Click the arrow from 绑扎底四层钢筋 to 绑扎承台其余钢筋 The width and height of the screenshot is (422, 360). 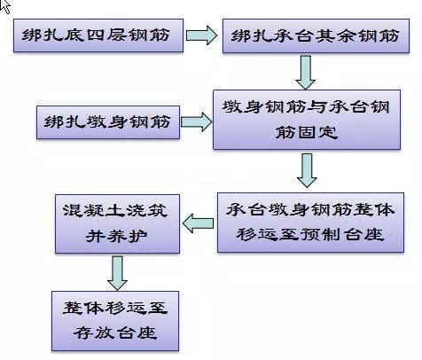point(201,37)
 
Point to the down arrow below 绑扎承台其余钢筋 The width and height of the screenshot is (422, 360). point(307,71)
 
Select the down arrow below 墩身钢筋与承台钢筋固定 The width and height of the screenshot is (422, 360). point(307,168)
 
